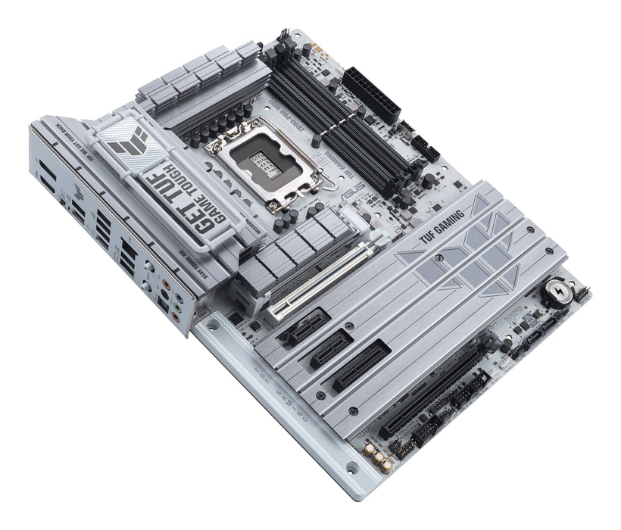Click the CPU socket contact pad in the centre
pyautogui.click(x=264, y=161)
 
